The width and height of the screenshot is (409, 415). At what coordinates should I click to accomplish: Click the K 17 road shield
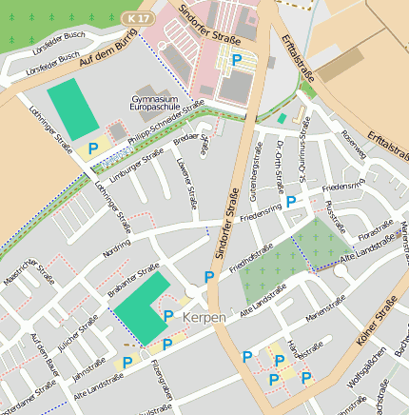pos(138,18)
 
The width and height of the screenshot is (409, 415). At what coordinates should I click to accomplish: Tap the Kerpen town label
pos(206,316)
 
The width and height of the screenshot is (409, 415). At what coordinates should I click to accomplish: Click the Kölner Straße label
pos(375,325)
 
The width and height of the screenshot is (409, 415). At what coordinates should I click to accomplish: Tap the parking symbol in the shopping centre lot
pos(237,60)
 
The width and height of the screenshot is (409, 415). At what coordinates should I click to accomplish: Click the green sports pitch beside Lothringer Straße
pos(72,109)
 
